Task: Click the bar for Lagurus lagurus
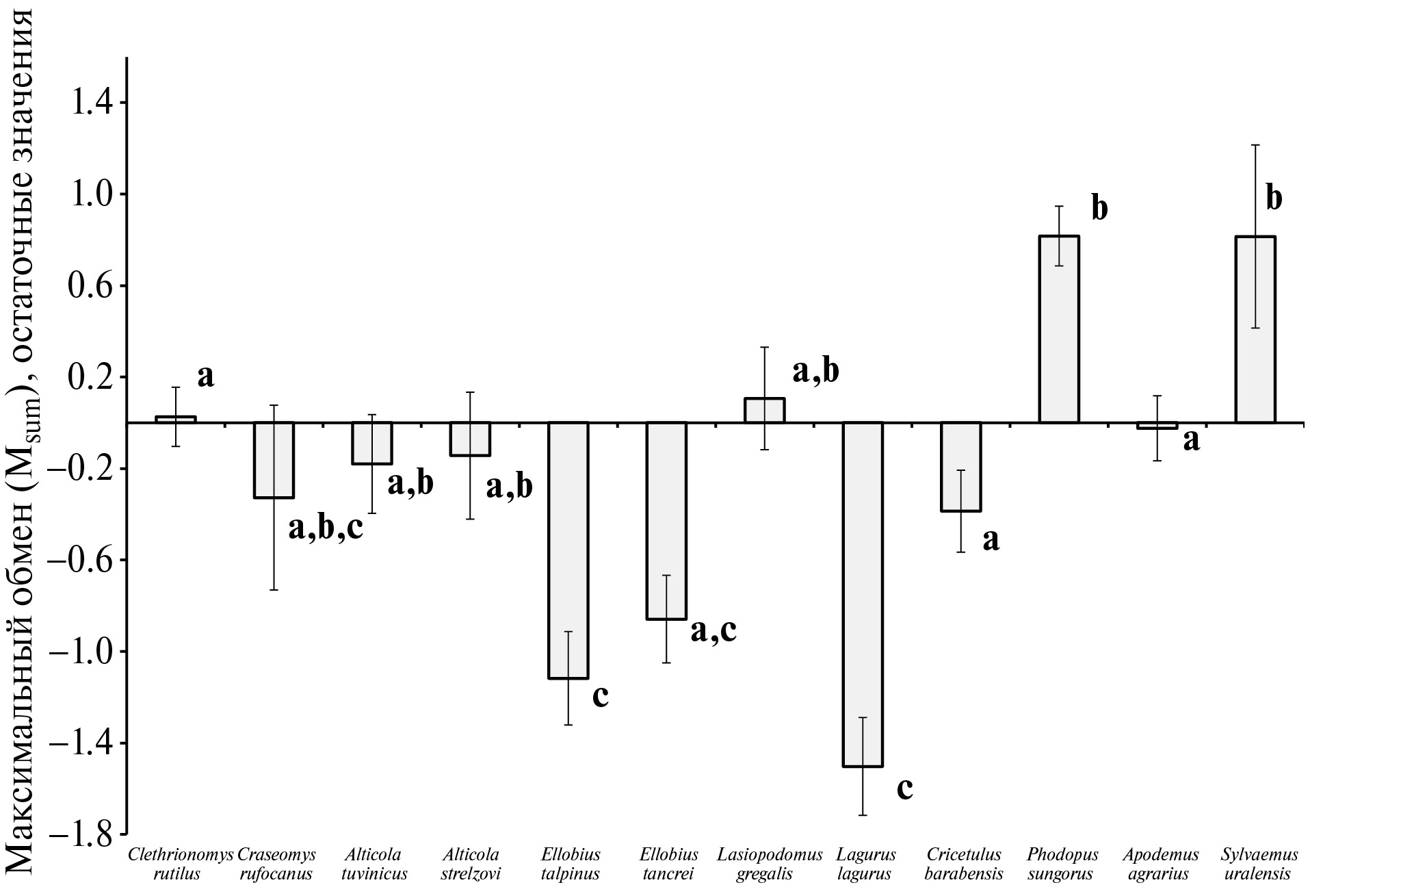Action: pyautogui.click(x=863, y=594)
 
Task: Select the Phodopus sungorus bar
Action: pyautogui.click(x=1058, y=329)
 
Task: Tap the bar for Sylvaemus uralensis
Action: pyautogui.click(x=1255, y=329)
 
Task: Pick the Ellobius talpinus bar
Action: pyautogui.click(x=568, y=550)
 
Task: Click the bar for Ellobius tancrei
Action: pyautogui.click(x=666, y=521)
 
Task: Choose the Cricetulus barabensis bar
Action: pyautogui.click(x=961, y=467)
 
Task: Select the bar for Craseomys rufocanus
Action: pyautogui.click(x=274, y=460)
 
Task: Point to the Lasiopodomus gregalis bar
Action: pyautogui.click(x=765, y=411)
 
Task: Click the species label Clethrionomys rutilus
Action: pyautogui.click(x=181, y=864)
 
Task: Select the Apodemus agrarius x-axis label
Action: pyautogui.click(x=1160, y=864)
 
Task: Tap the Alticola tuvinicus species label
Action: pyautogui.click(x=374, y=864)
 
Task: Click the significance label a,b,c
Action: pyautogui.click(x=326, y=528)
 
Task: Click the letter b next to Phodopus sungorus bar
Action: pyautogui.click(x=1099, y=208)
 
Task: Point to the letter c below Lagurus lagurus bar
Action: pyautogui.click(x=904, y=789)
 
